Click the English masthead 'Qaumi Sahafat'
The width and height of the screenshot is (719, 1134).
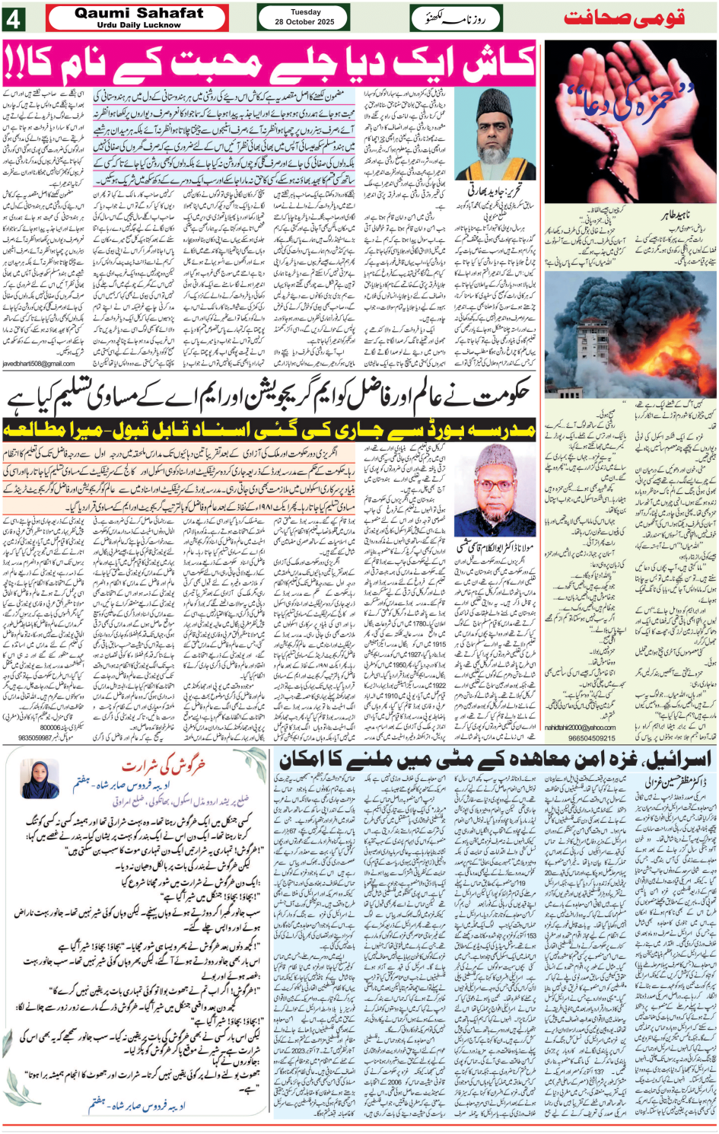click(139, 12)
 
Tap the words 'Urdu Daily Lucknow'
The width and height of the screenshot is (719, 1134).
click(139, 25)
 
